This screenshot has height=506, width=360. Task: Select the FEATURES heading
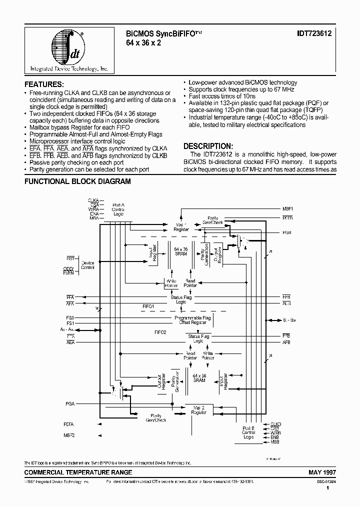coord(44,84)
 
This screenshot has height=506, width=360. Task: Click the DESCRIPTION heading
coord(208,146)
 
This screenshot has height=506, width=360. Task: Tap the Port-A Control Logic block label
coord(118,208)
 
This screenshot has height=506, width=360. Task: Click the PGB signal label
coord(286,232)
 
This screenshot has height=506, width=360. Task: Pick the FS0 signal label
coord(69,317)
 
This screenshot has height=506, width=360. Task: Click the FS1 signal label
coord(69,323)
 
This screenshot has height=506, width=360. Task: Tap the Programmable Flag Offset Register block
coord(192,320)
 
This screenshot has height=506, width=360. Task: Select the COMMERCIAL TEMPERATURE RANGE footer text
coord(78,472)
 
